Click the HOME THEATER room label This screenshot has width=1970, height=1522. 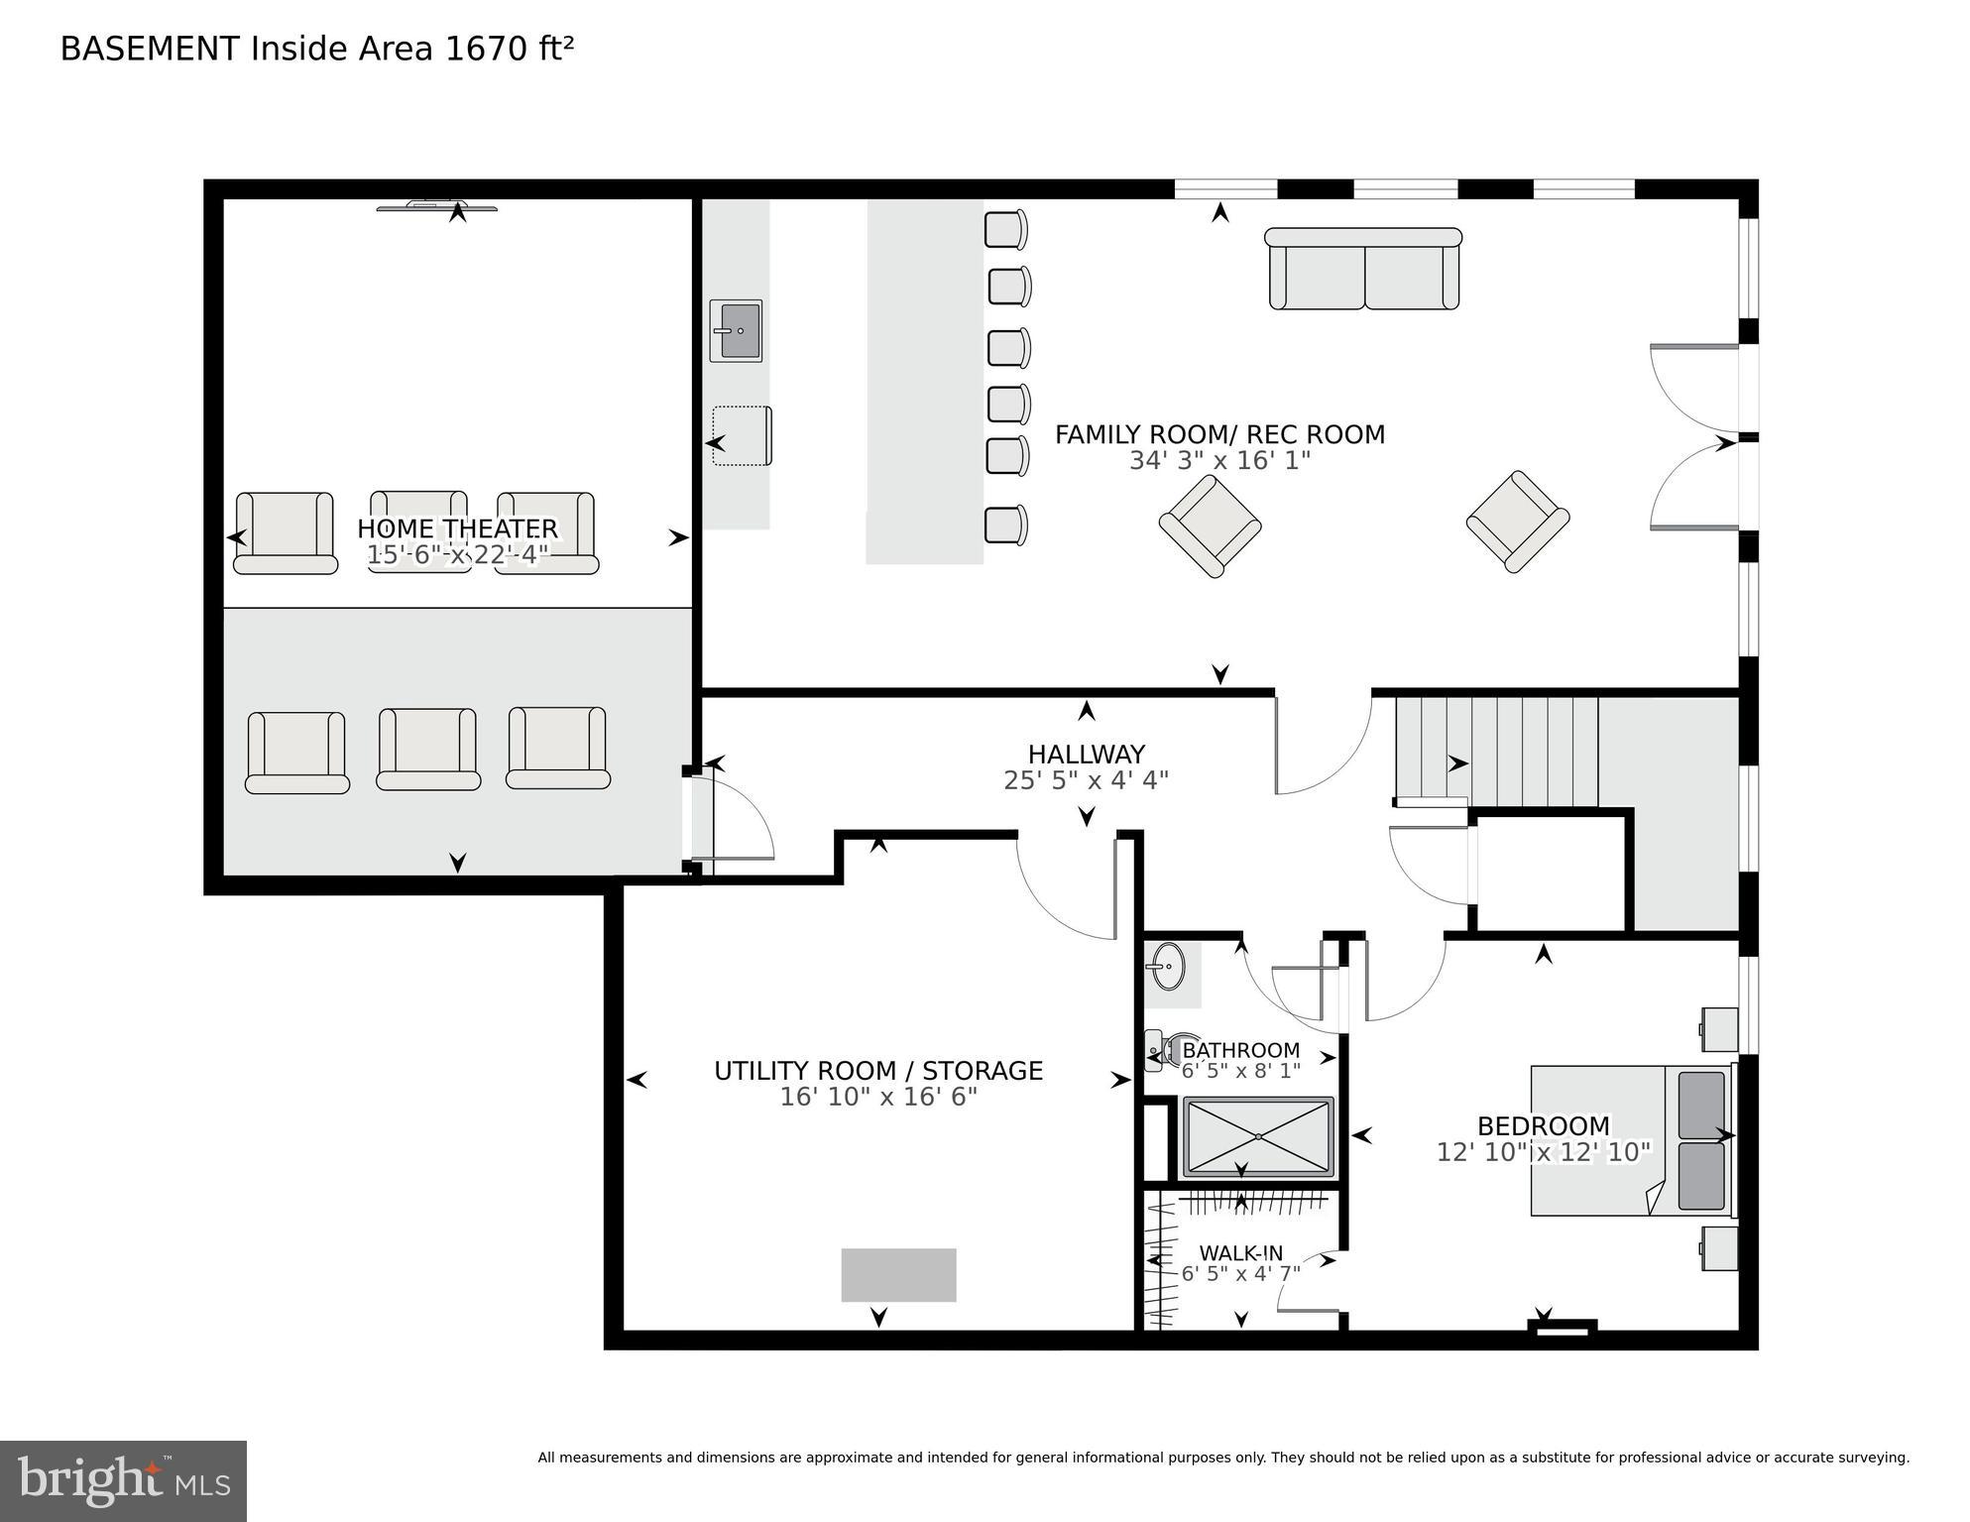coord(457,528)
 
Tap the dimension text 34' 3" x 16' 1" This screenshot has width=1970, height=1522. coord(1219,460)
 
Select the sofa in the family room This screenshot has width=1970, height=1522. coord(1363,269)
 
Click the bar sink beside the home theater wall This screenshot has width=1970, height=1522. coord(736,330)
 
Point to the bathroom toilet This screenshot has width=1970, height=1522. coord(1162,1050)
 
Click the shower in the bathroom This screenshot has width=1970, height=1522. coord(1258,1135)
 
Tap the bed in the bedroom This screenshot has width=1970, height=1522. coord(1631,1140)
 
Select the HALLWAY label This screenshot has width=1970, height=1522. coord(1086,755)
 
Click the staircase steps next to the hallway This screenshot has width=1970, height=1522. coord(1497,751)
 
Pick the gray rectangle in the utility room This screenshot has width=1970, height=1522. coord(898,1275)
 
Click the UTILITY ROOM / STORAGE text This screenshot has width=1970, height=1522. coord(878,1071)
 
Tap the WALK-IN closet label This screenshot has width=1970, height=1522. coord(1240,1253)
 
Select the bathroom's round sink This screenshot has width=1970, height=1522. coord(1169,966)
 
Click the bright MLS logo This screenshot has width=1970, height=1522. coord(123,1481)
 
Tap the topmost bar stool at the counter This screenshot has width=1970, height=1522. coord(1005,230)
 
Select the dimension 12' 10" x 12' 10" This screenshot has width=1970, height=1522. coord(1543,1152)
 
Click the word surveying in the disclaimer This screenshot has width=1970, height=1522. coord(1872,1458)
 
